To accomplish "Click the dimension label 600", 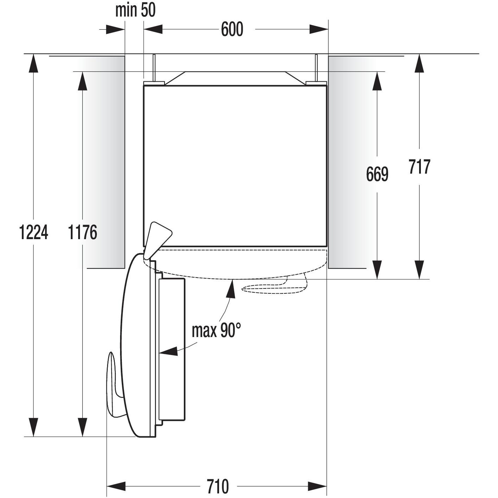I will (232, 29).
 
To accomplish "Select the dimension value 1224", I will (33, 232).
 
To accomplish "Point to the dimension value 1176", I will (82, 232).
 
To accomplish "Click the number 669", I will (377, 174).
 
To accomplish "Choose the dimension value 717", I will (419, 167).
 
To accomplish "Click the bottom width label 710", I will (218, 486).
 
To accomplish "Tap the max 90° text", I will (216, 330).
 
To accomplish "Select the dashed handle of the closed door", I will (275, 288).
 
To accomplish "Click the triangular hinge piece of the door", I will (158, 238).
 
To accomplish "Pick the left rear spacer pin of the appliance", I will (154, 69).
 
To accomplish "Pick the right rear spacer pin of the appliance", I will (316, 69).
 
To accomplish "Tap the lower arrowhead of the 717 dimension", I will (419, 270).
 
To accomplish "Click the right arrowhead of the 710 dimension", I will (318, 486).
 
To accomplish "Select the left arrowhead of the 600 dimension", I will (153, 29).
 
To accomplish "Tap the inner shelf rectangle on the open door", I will (172, 349).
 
